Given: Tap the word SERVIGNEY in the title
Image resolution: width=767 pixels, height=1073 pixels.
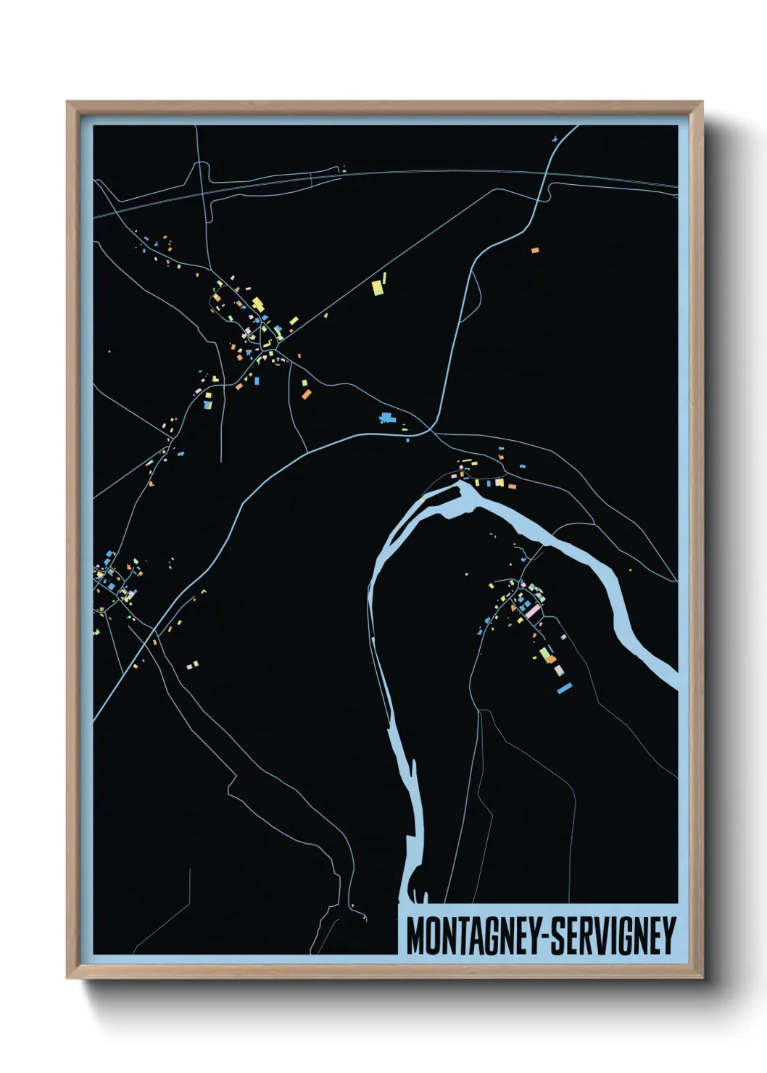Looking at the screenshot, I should click(613, 936).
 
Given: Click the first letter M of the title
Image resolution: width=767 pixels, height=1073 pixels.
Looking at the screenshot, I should click(416, 936).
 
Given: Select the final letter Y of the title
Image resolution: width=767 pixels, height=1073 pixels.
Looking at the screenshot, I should click(668, 936).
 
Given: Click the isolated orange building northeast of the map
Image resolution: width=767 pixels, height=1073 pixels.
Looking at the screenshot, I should click(535, 250).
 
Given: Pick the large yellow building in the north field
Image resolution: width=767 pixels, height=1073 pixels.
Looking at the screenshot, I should click(377, 287).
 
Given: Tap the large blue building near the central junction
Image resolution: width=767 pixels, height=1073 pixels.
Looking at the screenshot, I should click(385, 417).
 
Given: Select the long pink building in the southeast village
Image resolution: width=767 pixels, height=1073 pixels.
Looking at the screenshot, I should click(533, 612).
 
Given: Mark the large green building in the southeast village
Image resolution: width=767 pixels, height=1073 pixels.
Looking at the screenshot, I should click(544, 654).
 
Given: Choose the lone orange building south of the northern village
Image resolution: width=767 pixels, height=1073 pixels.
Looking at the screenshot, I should click(306, 394).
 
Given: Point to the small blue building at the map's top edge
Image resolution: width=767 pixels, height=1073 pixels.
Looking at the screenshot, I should click(555, 136).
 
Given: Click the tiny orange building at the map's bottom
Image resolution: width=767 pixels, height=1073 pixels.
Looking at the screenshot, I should click(353, 906).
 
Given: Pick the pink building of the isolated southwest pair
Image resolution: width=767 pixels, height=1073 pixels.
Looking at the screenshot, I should click(189, 665).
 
